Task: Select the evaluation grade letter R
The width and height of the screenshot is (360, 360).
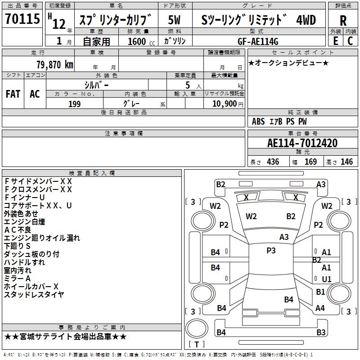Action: [x=343, y=20]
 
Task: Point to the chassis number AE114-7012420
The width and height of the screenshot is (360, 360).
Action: [x=302, y=143]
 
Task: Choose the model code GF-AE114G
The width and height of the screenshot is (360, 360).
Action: [x=258, y=42]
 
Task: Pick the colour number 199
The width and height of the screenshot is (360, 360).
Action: [x=74, y=104]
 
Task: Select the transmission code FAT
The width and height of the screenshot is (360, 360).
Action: [x=13, y=94]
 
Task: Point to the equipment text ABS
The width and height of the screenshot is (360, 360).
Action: [x=258, y=121]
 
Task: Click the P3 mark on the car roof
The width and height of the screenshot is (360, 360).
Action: [x=271, y=251]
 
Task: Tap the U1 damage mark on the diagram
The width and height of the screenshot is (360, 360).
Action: [x=327, y=279]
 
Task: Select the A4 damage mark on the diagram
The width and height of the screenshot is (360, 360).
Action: [x=320, y=308]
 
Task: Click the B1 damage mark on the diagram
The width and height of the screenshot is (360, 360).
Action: [x=320, y=292]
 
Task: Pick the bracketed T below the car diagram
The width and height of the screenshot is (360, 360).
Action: [x=196, y=344]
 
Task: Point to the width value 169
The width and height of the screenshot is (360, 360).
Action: [x=310, y=162]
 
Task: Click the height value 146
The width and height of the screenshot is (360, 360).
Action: [x=346, y=162]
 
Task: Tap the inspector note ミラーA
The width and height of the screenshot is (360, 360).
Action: [x=17, y=278]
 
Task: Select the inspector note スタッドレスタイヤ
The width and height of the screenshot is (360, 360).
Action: [x=34, y=294]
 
